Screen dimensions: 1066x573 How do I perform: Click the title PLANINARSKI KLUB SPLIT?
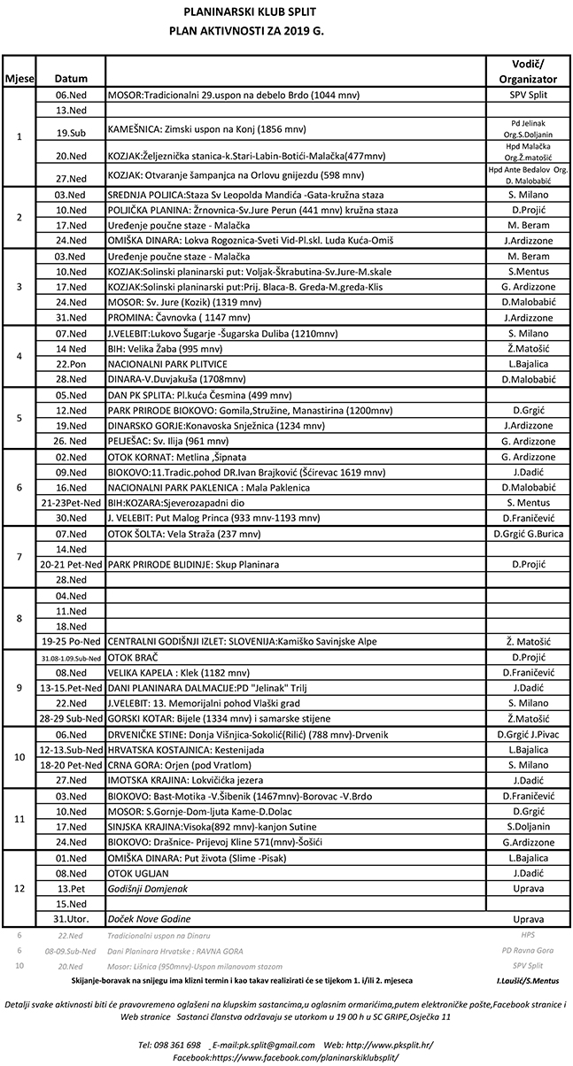point(286,12)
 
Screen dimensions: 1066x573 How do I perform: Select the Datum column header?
point(70,79)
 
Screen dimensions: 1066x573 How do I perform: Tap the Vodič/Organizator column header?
point(528,71)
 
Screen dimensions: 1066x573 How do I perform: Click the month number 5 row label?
point(19,418)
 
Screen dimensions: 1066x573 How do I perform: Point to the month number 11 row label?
point(19,819)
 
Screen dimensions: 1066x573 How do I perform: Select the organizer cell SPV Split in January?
point(528,94)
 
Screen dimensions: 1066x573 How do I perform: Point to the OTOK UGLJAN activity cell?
point(138,873)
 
